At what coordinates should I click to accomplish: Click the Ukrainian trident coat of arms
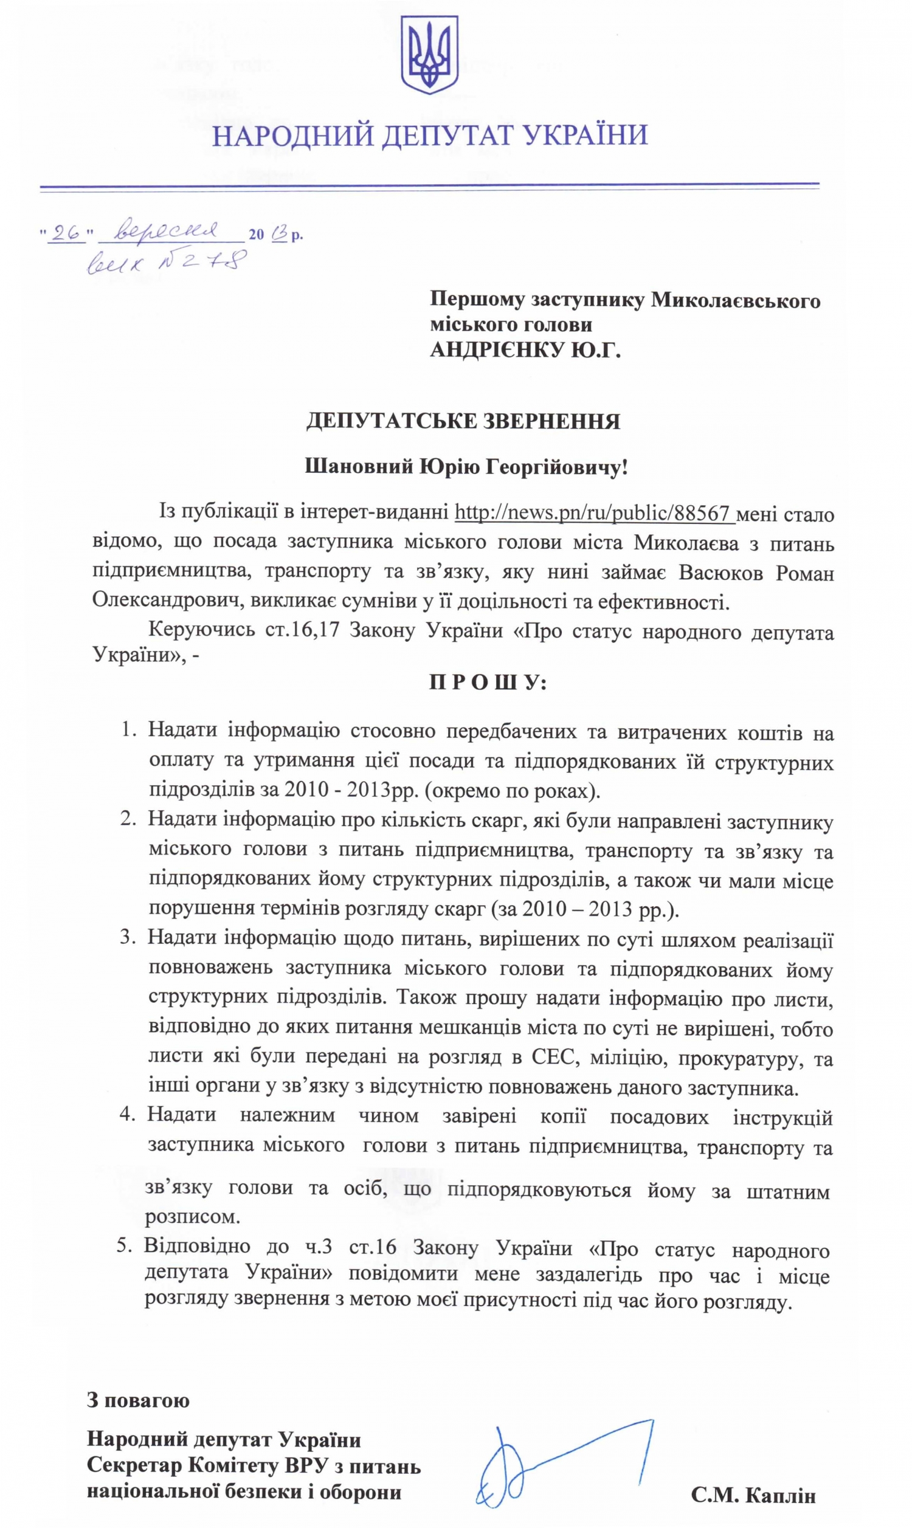point(430,55)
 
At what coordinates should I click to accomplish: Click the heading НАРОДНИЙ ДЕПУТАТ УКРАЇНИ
point(430,135)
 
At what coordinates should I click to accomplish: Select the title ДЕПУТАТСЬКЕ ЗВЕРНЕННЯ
point(463,421)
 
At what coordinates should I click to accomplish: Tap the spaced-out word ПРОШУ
point(488,683)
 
